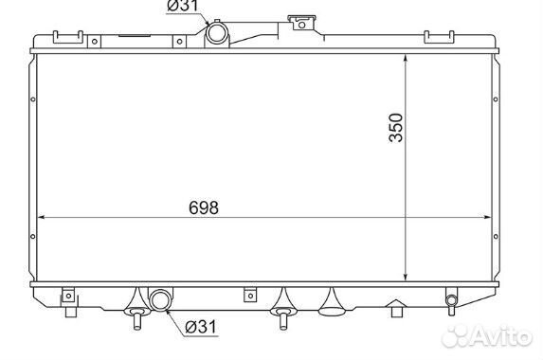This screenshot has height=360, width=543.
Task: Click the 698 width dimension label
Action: coord(204,207)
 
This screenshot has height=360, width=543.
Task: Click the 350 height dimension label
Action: coord(396,127)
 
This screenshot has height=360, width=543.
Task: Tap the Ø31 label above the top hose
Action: coord(183,6)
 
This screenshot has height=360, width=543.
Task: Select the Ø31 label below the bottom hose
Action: coord(201,327)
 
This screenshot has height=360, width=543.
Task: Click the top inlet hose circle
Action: coord(217,33)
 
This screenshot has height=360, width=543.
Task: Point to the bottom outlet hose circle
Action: coord(161,299)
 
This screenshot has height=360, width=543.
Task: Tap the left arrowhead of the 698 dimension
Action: coord(41,217)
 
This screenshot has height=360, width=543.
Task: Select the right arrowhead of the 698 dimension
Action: coord(487,217)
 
